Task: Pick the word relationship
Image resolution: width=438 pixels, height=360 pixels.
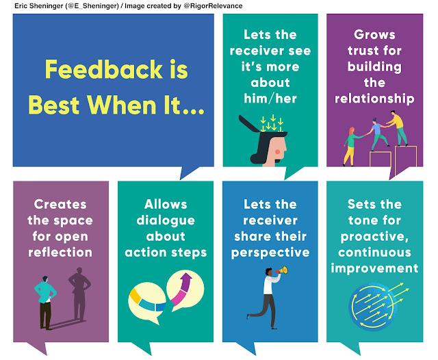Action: pyautogui.click(x=374, y=99)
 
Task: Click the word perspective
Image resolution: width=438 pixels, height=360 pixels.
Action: pyautogui.click(x=272, y=253)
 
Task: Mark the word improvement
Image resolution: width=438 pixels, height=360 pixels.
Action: pyautogui.click(x=374, y=268)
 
